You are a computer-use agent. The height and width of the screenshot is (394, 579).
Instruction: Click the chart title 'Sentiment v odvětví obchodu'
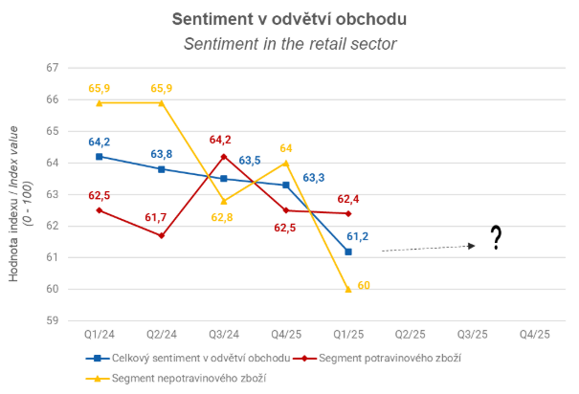pos(289,19)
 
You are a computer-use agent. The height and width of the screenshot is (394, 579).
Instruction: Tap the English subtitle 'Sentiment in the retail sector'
pos(290,44)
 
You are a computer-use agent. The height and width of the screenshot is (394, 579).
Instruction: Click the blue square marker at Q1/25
pos(348,252)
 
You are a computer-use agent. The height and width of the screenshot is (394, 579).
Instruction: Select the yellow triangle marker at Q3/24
pos(224,201)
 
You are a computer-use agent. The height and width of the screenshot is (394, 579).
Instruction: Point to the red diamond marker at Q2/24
pos(162,235)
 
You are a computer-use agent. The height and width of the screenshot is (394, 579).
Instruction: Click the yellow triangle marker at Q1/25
pos(348,289)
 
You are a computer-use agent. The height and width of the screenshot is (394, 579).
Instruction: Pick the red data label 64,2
pos(220,140)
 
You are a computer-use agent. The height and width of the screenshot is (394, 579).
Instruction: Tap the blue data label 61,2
pos(357,236)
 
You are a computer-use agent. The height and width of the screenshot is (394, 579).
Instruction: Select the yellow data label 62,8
pos(222,218)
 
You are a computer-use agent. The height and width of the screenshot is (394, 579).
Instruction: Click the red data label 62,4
pos(348,199)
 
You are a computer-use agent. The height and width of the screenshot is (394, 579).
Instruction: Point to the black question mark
pos(497,237)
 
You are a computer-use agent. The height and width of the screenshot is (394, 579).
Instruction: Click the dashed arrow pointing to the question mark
pos(429,248)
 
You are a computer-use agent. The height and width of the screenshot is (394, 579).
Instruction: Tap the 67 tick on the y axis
pos(53,68)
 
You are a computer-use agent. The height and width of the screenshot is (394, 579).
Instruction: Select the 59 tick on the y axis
pos(53,320)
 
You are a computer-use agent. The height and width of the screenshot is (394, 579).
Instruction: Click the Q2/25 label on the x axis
pos(411,335)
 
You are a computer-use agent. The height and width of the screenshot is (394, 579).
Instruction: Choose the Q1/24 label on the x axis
pos(100,335)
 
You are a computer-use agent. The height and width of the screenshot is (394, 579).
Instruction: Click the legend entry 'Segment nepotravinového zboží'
pos(176,379)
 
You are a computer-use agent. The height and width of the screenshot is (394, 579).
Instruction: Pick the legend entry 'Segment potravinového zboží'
pos(377,359)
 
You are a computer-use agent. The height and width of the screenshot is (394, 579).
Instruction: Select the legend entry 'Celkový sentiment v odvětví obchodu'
pos(188,359)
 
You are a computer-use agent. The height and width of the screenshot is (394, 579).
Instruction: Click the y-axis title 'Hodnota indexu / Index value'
pos(13,204)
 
